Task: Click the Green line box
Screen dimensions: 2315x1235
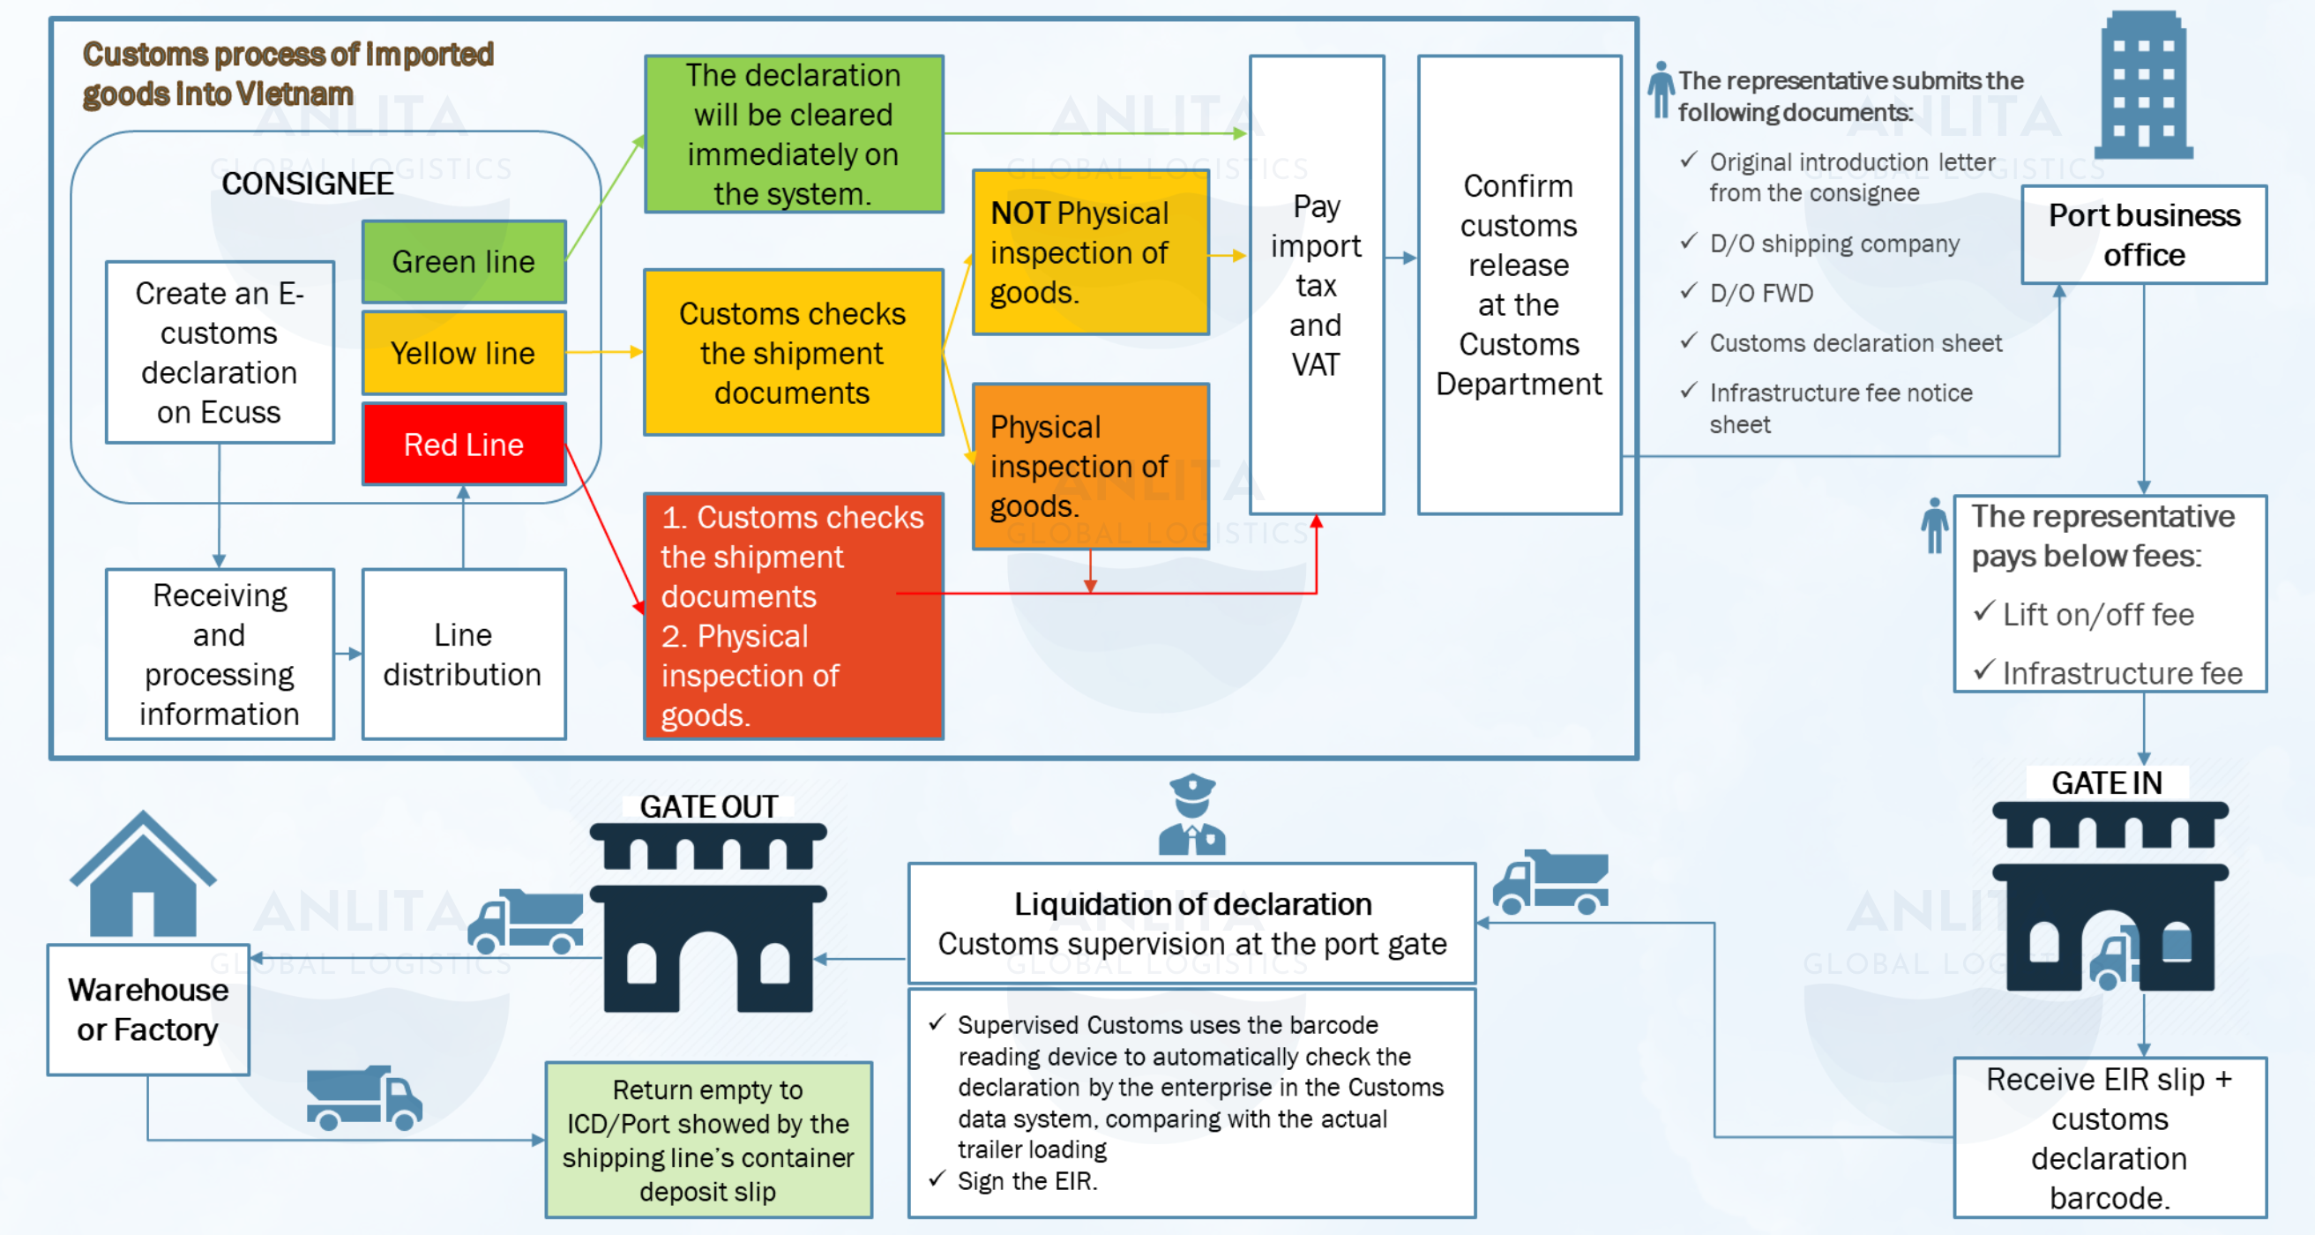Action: (464, 262)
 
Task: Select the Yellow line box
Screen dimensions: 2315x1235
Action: (464, 352)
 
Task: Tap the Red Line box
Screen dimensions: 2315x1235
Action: (464, 444)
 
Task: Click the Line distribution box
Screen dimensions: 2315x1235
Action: (464, 655)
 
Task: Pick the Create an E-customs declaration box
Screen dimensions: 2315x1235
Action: (220, 352)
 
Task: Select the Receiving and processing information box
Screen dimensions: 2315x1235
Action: (220, 655)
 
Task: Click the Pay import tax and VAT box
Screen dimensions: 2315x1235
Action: (1317, 285)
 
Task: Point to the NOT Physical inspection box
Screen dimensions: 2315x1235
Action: (1090, 252)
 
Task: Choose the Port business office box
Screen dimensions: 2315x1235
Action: (2143, 235)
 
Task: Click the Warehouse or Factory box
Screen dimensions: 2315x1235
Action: (148, 1009)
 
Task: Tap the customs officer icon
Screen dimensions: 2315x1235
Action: (1191, 814)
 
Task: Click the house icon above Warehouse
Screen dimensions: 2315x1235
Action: (143, 873)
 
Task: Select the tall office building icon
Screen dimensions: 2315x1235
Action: (2143, 85)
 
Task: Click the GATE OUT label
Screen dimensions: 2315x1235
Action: (708, 806)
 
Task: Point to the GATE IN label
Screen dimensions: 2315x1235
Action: (2107, 782)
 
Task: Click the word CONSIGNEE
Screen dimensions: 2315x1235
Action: (308, 183)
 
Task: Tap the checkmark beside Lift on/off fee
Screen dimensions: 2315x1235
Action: (1984, 612)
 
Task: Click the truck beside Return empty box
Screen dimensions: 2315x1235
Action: (364, 1097)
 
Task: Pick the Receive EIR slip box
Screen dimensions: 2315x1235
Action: (2110, 1138)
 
